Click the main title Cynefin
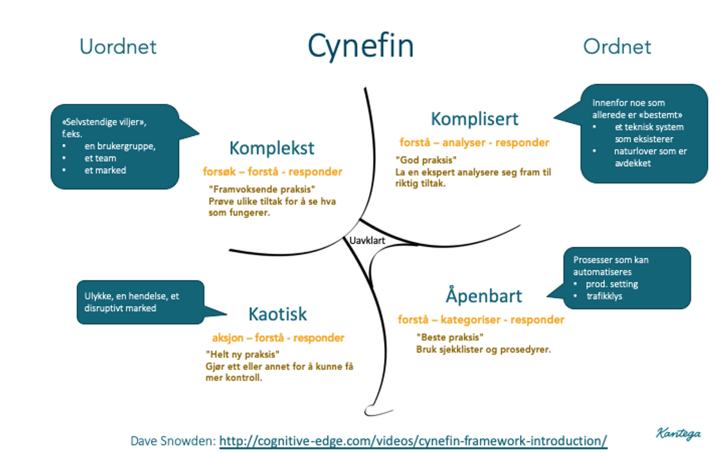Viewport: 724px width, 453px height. [361, 46]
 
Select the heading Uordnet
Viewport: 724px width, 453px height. [118, 47]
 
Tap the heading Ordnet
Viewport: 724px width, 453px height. [617, 47]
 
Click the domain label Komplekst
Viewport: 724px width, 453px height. [271, 148]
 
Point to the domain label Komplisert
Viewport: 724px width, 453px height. [475, 119]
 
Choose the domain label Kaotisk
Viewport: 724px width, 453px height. [278, 314]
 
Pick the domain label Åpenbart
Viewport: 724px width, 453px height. [484, 296]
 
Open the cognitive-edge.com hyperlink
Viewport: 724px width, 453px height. [413, 440]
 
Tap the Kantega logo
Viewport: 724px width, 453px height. [679, 432]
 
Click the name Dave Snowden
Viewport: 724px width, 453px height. [172, 440]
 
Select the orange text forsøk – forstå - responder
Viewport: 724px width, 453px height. [272, 172]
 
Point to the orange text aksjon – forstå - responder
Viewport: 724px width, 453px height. [278, 338]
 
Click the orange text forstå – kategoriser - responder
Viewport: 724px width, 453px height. [481, 320]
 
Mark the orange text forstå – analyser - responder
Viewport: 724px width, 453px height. [474, 143]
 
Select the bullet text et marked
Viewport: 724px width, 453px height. [105, 170]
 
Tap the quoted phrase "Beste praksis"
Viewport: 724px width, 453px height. [450, 337]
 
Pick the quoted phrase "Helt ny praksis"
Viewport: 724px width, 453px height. [243, 355]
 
